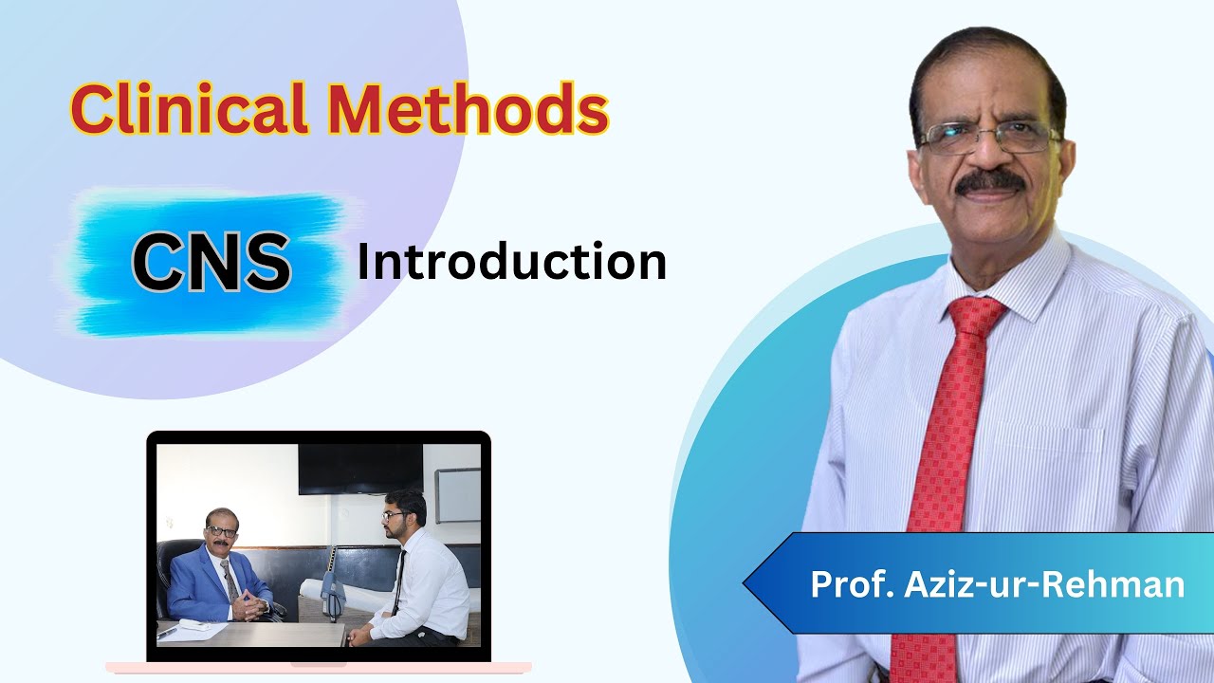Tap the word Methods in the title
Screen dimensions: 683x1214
pyautogui.click(x=465, y=109)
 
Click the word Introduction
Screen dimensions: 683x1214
pyautogui.click(x=511, y=262)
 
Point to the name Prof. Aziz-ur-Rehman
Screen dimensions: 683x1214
pyautogui.click(x=997, y=583)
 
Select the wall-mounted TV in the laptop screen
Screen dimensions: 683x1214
pyautogui.click(x=360, y=469)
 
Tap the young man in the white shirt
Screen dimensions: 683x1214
pyautogui.click(x=422, y=579)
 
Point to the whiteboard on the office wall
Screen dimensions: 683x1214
pyautogui.click(x=458, y=495)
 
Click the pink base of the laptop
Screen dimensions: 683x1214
pyautogui.click(x=318, y=668)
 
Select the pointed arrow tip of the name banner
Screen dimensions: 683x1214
pyautogui.click(x=749, y=583)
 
